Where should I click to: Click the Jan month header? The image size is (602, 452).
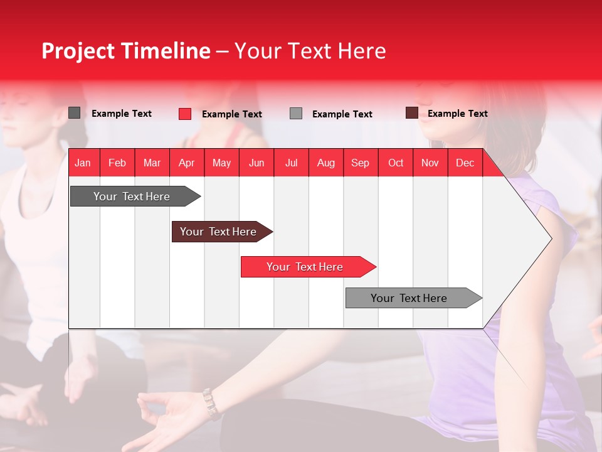pos(83,163)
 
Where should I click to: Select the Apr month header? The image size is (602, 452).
pos(186,163)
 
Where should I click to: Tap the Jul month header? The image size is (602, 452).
pos(291,163)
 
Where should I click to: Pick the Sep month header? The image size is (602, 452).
pos(360,163)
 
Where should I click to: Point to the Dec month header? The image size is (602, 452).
pos(465,163)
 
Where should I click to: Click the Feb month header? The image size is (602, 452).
pos(117,163)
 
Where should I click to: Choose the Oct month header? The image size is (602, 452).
pos(396,163)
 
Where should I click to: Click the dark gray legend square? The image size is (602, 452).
pos(74,113)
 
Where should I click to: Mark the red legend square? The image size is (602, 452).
pos(184,114)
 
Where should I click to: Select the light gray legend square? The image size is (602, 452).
pos(296,114)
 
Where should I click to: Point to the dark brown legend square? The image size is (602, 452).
pos(411,113)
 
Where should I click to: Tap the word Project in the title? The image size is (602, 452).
pos(79,51)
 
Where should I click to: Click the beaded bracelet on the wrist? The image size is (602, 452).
pos(211,404)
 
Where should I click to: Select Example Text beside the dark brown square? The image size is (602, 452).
pos(457,114)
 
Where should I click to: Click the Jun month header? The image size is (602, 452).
pos(256,163)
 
